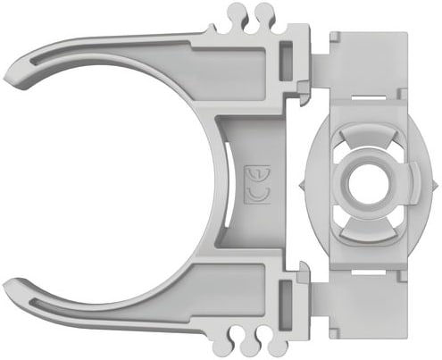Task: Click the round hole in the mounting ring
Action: (369, 184)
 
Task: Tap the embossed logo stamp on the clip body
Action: (257, 185)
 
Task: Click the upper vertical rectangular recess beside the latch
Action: (286, 61)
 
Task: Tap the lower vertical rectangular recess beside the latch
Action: (286, 305)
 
